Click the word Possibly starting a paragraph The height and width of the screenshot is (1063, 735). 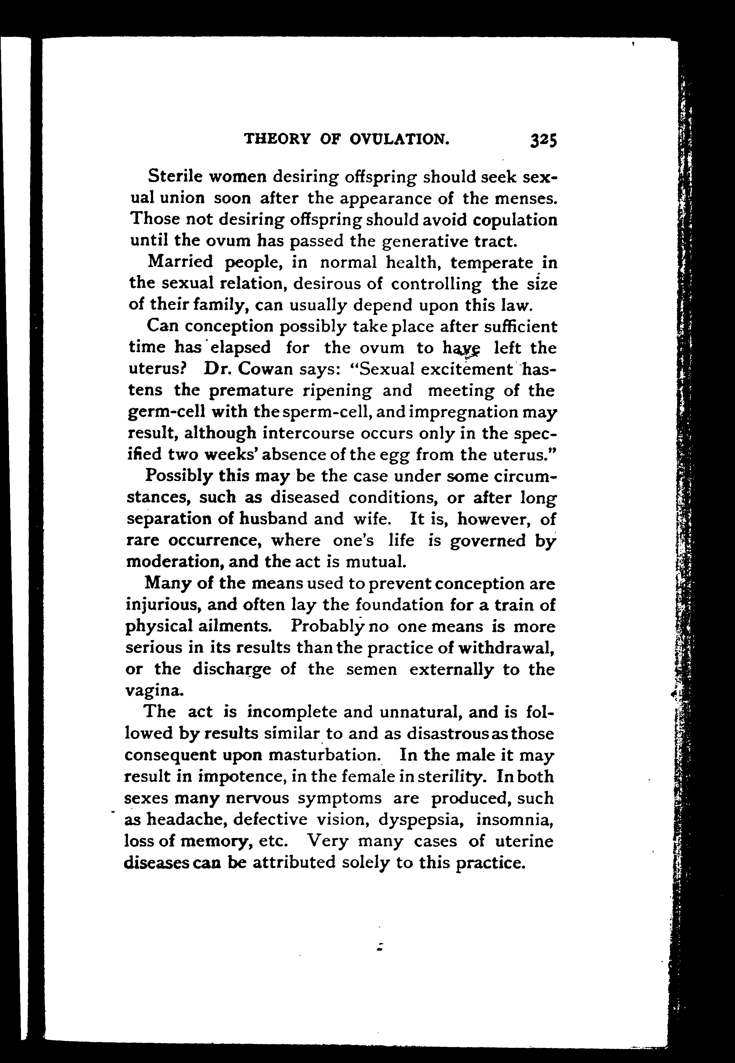(178, 476)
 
